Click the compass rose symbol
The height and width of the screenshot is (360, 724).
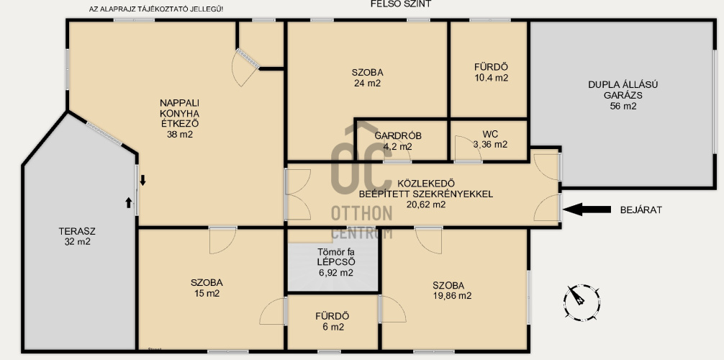(x=582, y=302)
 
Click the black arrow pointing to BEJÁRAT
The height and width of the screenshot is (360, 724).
(x=587, y=210)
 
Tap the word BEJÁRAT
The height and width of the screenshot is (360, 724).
(x=641, y=210)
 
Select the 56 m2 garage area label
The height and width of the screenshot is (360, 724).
(x=623, y=107)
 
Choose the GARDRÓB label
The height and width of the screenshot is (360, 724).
(x=398, y=136)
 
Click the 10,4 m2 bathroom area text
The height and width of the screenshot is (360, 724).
(x=492, y=78)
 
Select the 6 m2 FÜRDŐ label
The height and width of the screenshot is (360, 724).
(x=332, y=322)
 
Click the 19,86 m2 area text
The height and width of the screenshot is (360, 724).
(x=452, y=296)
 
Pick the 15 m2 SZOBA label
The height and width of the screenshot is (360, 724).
(x=207, y=288)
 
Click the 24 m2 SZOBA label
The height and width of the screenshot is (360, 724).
(x=368, y=78)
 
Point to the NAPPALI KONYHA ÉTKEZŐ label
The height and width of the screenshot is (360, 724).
(x=180, y=119)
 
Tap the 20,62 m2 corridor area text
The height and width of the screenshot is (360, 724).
(x=426, y=204)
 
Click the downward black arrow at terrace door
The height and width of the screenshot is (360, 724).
(x=142, y=180)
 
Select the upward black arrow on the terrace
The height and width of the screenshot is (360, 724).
(x=129, y=202)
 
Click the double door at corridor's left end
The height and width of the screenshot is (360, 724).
(x=298, y=194)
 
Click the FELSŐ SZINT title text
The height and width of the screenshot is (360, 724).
(x=401, y=4)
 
